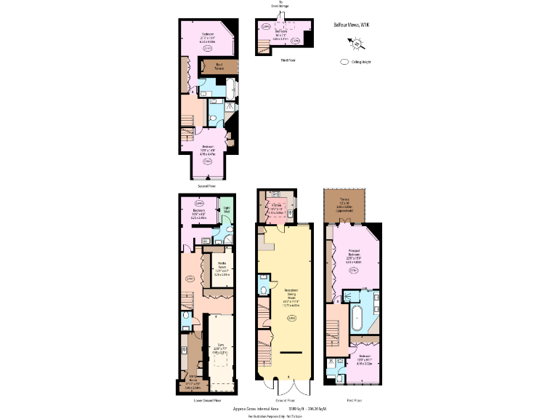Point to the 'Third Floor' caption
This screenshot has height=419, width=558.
(x=287, y=61)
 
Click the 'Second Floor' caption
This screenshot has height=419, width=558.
(x=206, y=185)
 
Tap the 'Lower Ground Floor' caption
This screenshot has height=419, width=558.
(x=206, y=400)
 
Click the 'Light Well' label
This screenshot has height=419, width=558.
(x=227, y=210)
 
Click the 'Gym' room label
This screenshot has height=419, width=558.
(x=220, y=349)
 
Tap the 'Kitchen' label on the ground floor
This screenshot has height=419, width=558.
(x=276, y=209)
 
